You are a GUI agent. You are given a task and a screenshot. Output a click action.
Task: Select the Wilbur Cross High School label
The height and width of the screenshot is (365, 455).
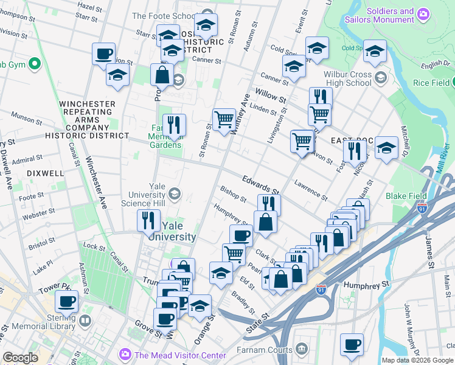pyautogui.click(x=344, y=78)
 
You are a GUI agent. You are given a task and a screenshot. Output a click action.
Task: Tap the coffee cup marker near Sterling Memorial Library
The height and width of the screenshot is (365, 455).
pyautogui.click(x=66, y=301)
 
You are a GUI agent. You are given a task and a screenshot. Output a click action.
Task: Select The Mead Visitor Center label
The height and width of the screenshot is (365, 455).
pyautogui.click(x=180, y=355)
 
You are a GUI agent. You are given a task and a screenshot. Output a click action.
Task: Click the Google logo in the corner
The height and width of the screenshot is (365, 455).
pyautogui.click(x=20, y=358)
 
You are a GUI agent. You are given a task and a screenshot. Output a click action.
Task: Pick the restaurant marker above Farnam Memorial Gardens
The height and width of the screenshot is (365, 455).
pyautogui.click(x=174, y=125)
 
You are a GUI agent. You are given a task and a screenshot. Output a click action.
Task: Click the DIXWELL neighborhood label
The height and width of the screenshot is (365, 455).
pyautogui.click(x=45, y=173)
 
